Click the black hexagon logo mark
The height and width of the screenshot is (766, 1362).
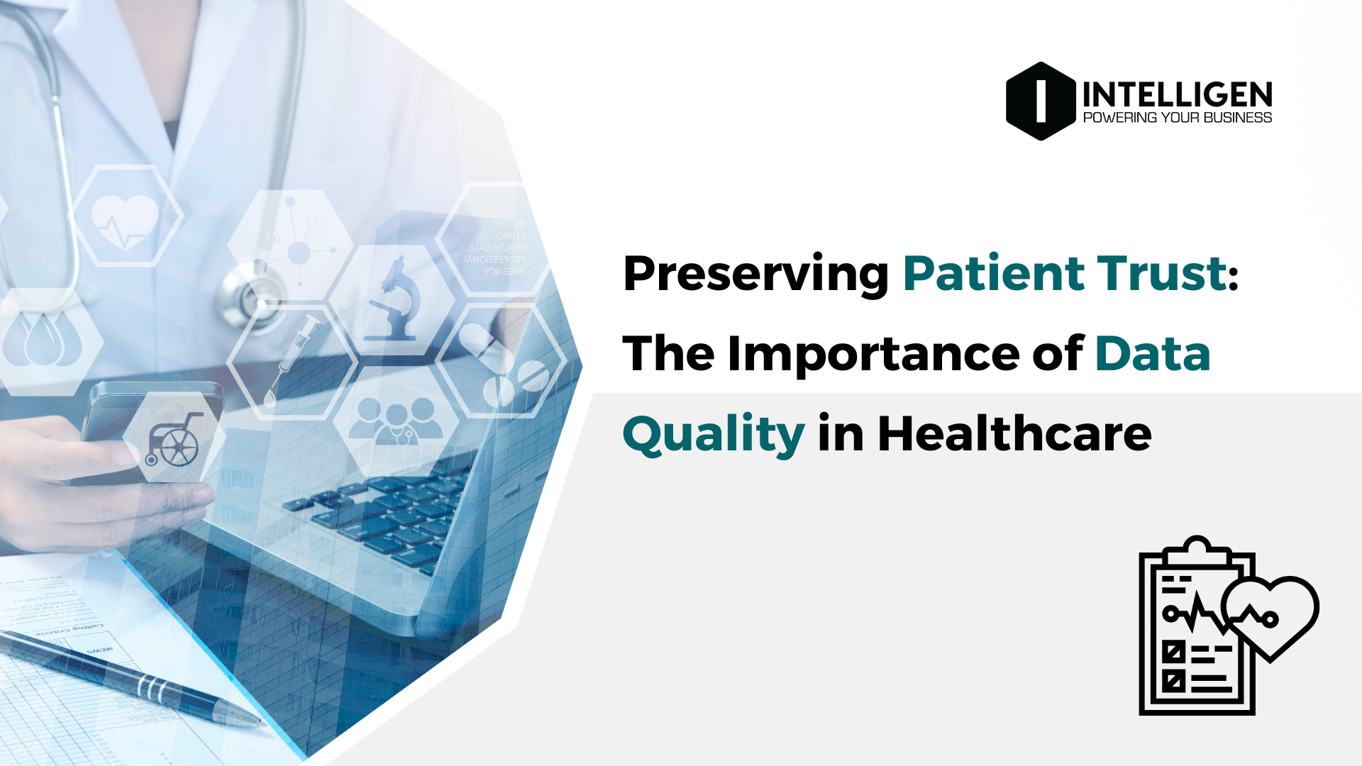pyautogui.click(x=1041, y=101)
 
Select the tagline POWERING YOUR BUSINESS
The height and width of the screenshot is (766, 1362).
pyautogui.click(x=1178, y=118)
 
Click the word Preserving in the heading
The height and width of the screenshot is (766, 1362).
pyautogui.click(x=755, y=274)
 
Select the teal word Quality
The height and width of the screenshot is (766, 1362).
pyautogui.click(x=714, y=434)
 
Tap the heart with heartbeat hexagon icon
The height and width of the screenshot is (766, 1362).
pyautogui.click(x=126, y=216)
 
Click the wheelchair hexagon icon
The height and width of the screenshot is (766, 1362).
pyautogui.click(x=174, y=439)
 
